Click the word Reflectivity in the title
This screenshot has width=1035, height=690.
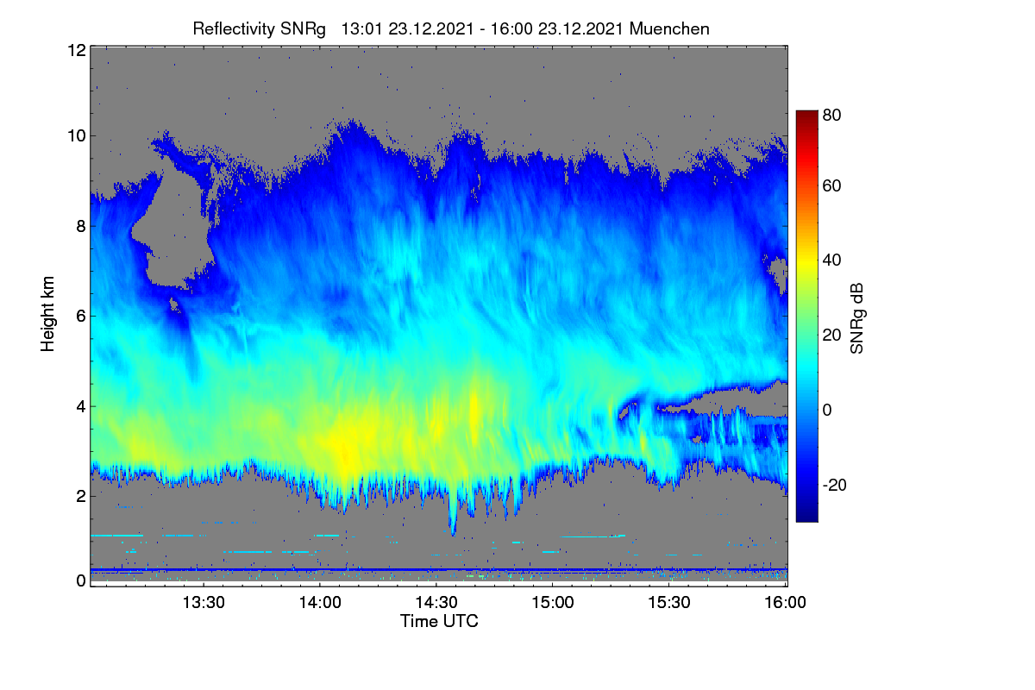235,29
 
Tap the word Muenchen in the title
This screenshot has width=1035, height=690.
669,29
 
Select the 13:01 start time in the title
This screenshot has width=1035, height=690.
361,29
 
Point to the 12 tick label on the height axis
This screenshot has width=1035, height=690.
77,50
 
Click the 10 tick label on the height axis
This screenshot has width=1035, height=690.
77,136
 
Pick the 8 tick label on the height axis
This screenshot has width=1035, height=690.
81,226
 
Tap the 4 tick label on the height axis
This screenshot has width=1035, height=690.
81,407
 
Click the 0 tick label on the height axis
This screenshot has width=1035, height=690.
81,580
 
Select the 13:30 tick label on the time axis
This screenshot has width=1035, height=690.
204,603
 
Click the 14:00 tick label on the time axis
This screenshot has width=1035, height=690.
320,603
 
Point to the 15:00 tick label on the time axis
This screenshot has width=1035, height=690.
553,603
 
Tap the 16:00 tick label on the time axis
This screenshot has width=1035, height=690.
785,603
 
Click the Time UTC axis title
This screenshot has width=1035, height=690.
439,622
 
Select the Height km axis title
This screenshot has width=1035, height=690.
47,314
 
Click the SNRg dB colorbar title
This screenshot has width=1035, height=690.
856,319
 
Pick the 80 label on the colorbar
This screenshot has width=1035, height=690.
831,115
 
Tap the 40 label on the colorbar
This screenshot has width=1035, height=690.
831,260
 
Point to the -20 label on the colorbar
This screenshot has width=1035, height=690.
835,486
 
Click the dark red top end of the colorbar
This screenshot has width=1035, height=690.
806,112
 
